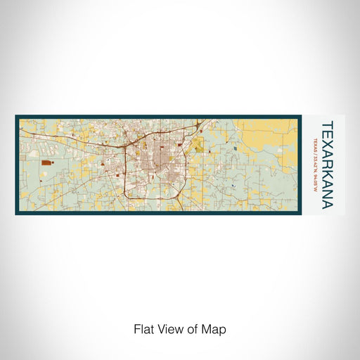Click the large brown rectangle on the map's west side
tap(46, 162)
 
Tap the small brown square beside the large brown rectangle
tap(59, 165)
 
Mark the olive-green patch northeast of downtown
tap(198, 147)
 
